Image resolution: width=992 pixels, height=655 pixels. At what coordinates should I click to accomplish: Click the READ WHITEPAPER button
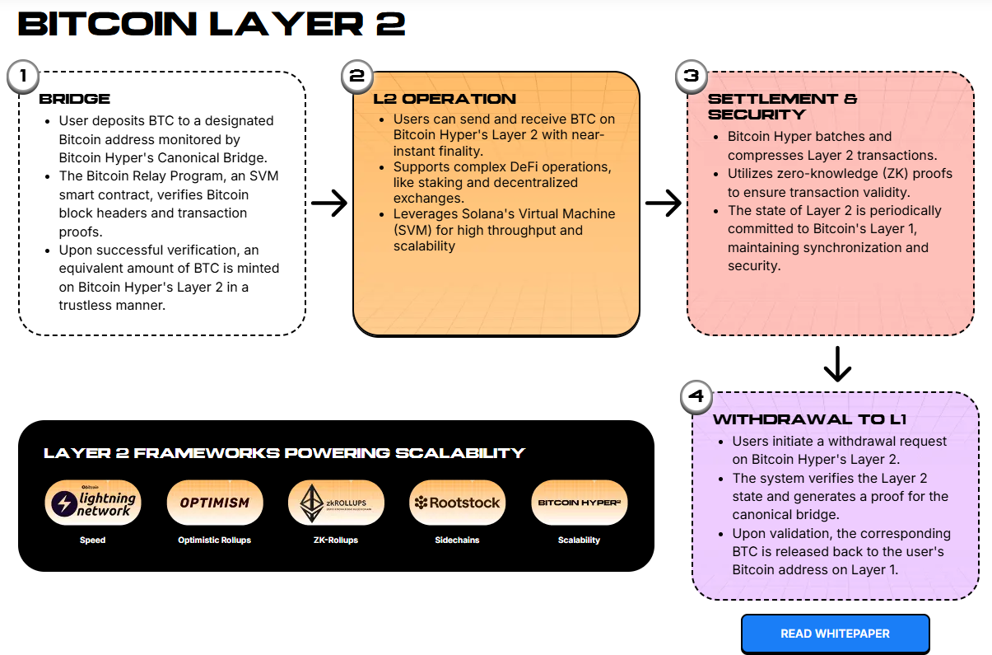pos(835,634)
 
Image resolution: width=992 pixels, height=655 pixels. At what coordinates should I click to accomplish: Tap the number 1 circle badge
pos(23,77)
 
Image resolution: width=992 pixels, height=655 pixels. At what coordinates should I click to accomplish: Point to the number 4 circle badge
pos(696,397)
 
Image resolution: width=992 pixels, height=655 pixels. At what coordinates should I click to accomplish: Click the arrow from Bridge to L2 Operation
pos(329,204)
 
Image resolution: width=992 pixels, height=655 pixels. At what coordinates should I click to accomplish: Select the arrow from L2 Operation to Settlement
pos(664,204)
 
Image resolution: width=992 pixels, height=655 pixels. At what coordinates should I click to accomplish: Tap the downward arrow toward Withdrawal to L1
pos(836,364)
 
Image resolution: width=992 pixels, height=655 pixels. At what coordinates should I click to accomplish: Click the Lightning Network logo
pos(92,503)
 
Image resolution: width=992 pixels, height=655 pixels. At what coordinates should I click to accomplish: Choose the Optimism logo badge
pos(214,503)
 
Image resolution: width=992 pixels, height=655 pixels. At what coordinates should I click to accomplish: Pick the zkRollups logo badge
pos(336,503)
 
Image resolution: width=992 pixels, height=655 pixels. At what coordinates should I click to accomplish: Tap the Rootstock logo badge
pos(457,503)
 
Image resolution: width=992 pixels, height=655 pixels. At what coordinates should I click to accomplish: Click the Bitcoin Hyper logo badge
pos(579,503)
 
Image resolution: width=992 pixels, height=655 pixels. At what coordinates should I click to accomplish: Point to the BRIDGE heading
pos(75,99)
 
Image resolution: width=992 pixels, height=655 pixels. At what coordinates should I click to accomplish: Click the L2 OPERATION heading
pos(445,99)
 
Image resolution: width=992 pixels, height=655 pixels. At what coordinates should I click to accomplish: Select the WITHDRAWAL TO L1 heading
pos(809,419)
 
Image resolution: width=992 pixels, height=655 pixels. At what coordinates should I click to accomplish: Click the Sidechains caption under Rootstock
pos(457,540)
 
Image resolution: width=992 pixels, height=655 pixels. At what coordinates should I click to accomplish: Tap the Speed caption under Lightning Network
pos(92,540)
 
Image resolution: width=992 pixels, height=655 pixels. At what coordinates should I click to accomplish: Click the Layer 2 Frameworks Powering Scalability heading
pos(284,453)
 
